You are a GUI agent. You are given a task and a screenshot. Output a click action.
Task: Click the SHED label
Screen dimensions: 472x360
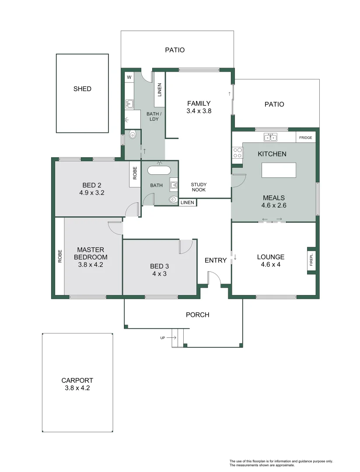click(x=82, y=89)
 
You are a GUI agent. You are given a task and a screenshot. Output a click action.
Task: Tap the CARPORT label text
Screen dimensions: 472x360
click(x=77, y=380)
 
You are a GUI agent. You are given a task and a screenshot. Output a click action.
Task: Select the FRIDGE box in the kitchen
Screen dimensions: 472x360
click(x=305, y=138)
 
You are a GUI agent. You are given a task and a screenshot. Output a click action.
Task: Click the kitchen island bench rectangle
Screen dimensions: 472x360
click(x=279, y=170)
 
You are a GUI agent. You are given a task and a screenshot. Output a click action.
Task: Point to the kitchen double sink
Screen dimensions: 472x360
click(x=270, y=138)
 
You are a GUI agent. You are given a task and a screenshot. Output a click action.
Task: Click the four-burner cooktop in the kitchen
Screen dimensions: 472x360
click(x=238, y=153)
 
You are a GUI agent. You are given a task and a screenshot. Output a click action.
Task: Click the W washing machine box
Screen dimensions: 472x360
click(x=129, y=77)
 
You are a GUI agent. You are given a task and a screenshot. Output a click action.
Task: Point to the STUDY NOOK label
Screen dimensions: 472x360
click(x=199, y=187)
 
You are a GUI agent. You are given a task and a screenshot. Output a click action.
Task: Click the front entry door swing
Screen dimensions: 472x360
click(x=213, y=277)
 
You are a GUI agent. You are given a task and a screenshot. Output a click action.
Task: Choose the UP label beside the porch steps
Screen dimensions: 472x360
click(x=163, y=337)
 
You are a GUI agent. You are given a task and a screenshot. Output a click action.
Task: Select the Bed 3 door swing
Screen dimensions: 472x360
click(x=186, y=246)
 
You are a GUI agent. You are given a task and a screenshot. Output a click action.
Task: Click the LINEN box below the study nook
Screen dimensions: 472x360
click(x=187, y=202)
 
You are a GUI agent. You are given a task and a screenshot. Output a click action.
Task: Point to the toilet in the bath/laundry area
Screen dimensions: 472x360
click(x=133, y=136)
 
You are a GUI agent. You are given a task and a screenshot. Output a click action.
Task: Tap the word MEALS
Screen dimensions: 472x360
click(x=273, y=198)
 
